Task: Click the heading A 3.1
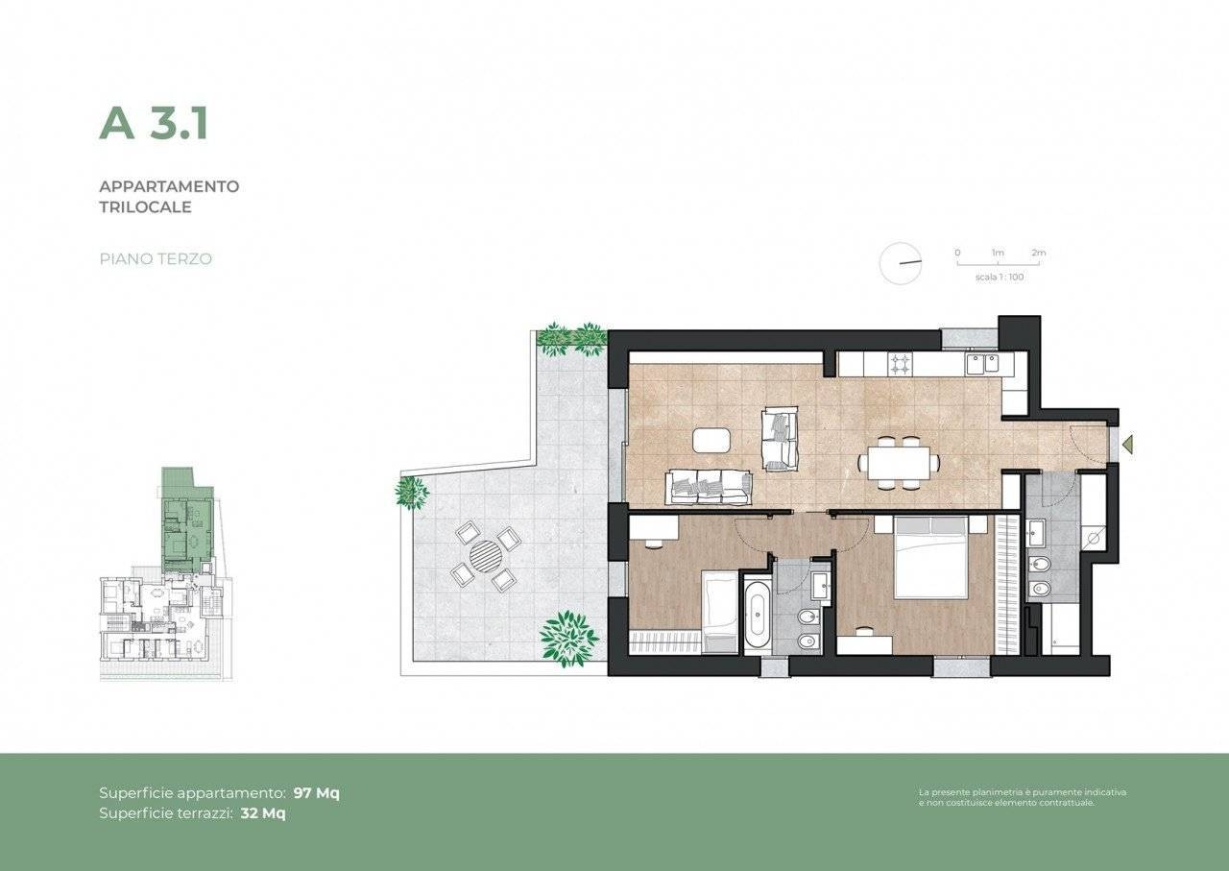(x=154, y=124)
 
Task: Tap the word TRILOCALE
(x=145, y=207)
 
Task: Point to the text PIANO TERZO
(x=156, y=259)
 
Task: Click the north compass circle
(x=901, y=263)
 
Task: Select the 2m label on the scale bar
(x=1039, y=253)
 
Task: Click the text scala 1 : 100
(x=1000, y=278)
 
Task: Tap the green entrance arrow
(x=1127, y=444)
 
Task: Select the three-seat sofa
(x=708, y=487)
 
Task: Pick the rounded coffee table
(x=711, y=440)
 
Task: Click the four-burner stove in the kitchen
(x=900, y=363)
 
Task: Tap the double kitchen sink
(x=982, y=363)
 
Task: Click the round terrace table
(x=486, y=555)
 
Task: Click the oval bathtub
(x=758, y=615)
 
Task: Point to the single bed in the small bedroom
(x=719, y=612)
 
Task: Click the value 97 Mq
(x=317, y=793)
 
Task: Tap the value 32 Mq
(x=263, y=812)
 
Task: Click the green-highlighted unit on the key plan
(x=186, y=520)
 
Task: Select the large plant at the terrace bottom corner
(x=569, y=640)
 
